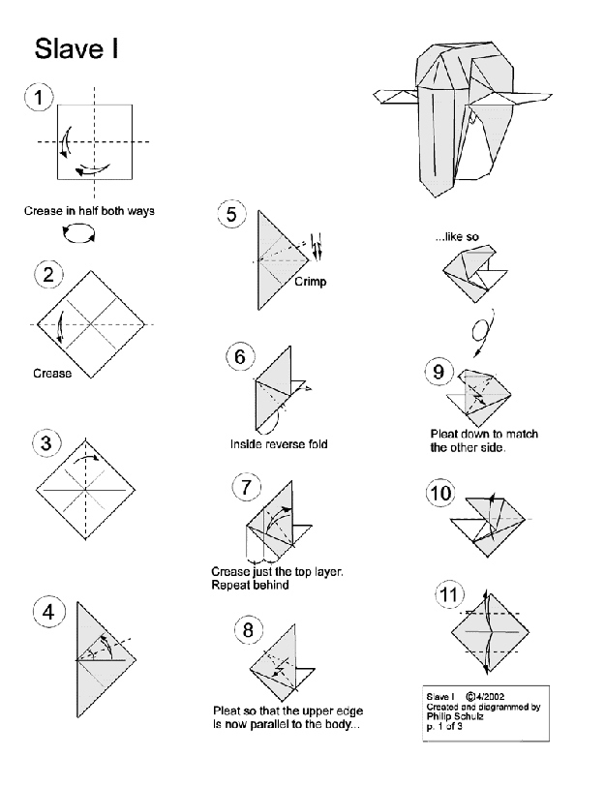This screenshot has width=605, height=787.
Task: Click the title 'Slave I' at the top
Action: tap(76, 49)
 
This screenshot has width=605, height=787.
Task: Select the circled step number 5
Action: tap(231, 214)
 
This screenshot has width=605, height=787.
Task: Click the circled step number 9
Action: tap(438, 371)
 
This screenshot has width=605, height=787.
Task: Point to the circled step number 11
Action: tap(446, 594)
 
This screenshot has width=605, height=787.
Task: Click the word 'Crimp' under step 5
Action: tap(311, 282)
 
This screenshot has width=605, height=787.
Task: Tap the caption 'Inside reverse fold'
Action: tap(279, 444)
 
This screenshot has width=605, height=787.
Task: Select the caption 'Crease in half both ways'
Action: tap(89, 210)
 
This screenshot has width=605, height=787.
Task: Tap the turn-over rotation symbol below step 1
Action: tap(79, 231)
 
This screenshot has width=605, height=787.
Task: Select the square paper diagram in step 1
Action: tap(94, 142)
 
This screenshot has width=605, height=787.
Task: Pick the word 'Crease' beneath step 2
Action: tap(51, 374)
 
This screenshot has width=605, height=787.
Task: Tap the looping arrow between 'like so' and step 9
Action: tap(481, 329)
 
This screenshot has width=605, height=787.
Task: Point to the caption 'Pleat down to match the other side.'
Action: tap(483, 440)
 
